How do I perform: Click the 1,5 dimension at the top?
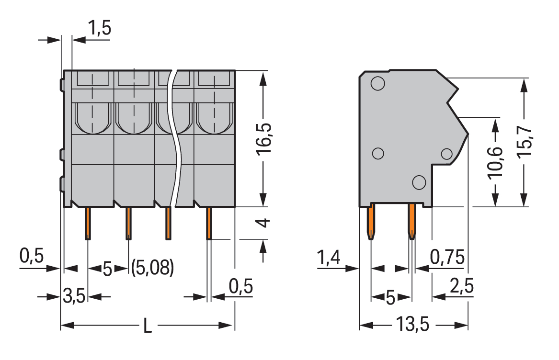(100, 29)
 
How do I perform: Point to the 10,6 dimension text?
(495, 163)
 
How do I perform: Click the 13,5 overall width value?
(412, 325)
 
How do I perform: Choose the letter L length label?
(148, 326)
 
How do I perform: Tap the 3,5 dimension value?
(74, 297)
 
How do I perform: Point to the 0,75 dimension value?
(447, 258)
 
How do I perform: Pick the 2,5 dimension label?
(462, 287)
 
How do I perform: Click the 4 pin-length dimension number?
(263, 223)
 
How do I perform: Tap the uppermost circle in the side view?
(377, 83)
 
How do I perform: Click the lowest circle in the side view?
(419, 182)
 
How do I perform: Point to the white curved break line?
(176, 139)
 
